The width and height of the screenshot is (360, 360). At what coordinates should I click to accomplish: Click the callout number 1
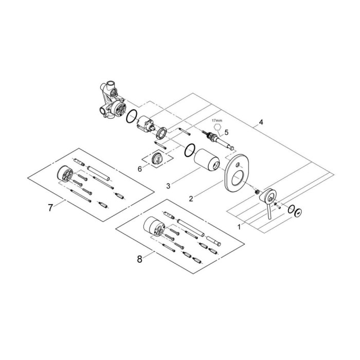(x=238, y=225)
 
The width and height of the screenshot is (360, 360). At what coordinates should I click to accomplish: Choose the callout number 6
(x=140, y=168)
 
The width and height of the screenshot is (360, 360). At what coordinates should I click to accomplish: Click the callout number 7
(x=50, y=208)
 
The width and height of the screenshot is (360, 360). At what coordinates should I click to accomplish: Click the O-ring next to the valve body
(x=131, y=117)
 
